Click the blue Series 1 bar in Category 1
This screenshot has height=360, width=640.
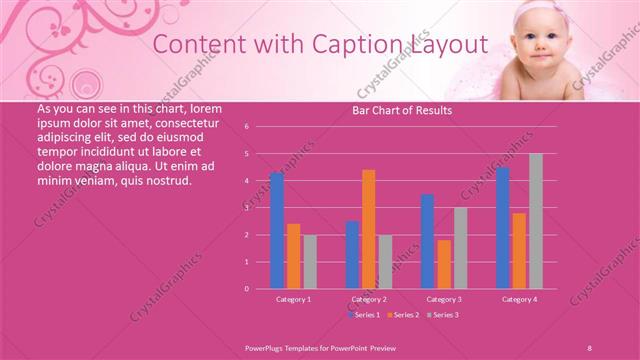coord(276,230)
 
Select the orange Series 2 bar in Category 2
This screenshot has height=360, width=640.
coord(369,229)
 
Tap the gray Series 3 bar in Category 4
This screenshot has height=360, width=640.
coord(536,221)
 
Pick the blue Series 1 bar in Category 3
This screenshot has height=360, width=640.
coord(427,241)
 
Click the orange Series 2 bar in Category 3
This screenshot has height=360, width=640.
coord(444,264)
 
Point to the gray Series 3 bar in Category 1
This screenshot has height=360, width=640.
coord(310,261)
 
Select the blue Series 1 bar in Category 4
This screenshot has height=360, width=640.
coord(502,227)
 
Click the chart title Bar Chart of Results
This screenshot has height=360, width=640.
coord(402,110)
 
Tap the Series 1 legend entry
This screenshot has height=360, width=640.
coord(366,315)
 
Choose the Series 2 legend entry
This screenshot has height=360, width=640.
coord(403,315)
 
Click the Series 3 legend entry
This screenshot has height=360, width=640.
coord(441,315)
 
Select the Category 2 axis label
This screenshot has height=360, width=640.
coord(369,299)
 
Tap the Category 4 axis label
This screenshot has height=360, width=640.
coord(519,299)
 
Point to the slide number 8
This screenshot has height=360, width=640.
coord(589,345)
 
